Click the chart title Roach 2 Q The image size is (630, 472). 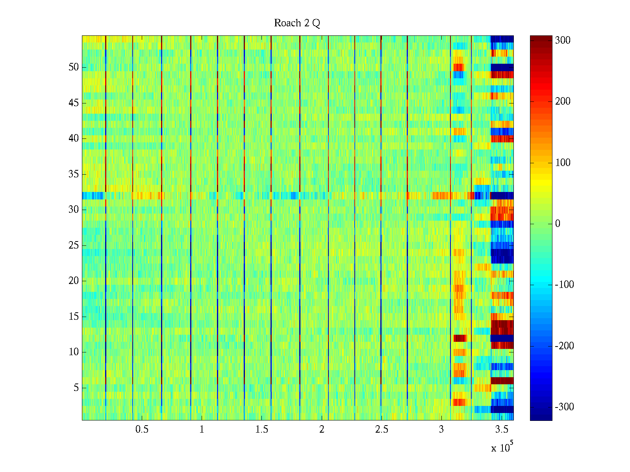(297, 23)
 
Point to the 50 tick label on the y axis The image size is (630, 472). (74, 67)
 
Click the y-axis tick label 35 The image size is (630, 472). (74, 174)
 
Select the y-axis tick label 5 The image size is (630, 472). (76, 388)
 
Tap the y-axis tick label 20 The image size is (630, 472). (74, 281)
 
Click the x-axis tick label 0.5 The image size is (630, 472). (142, 430)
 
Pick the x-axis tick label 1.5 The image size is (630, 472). (261, 430)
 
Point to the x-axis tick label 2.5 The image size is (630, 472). (382, 430)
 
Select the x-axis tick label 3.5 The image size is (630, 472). (501, 430)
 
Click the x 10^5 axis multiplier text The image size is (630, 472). (502, 447)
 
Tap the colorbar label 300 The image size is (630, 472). (563, 41)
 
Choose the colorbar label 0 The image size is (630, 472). (558, 224)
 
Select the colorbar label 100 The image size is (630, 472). (563, 163)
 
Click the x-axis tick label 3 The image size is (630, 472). (441, 430)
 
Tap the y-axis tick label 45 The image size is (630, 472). (74, 103)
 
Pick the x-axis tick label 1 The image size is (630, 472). (202, 430)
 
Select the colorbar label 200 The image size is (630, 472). (563, 101)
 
